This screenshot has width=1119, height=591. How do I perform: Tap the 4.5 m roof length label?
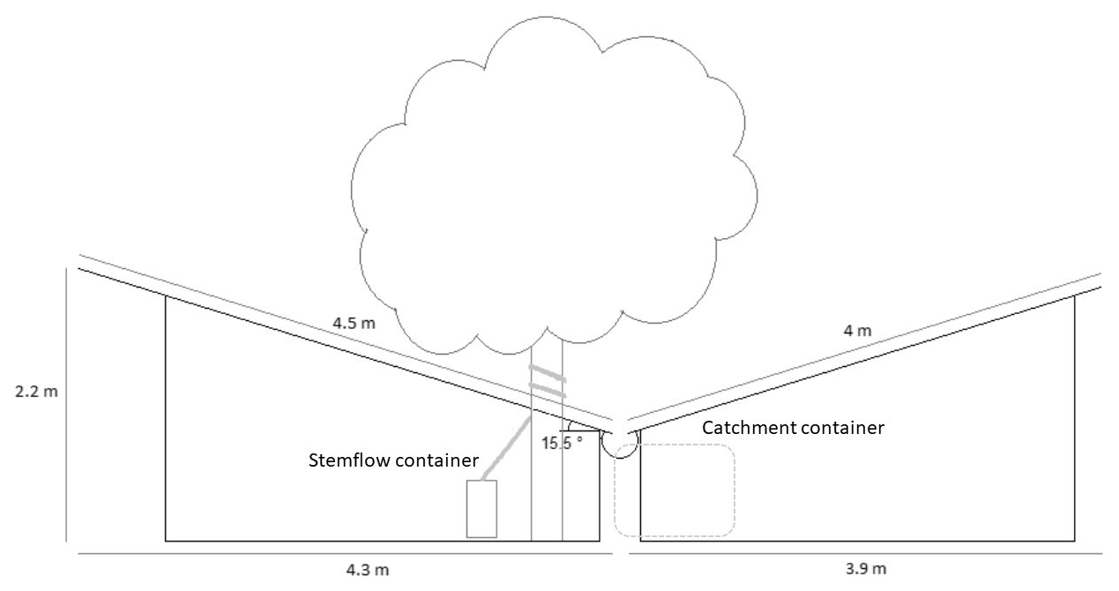(x=354, y=323)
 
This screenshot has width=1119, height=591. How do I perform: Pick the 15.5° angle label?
(x=562, y=444)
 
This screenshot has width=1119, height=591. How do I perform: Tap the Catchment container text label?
(x=792, y=429)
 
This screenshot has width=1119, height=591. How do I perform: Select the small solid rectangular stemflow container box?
(x=481, y=508)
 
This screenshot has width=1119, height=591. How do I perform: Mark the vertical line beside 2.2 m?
(x=67, y=406)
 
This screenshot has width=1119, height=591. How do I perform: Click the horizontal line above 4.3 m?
(x=344, y=553)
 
